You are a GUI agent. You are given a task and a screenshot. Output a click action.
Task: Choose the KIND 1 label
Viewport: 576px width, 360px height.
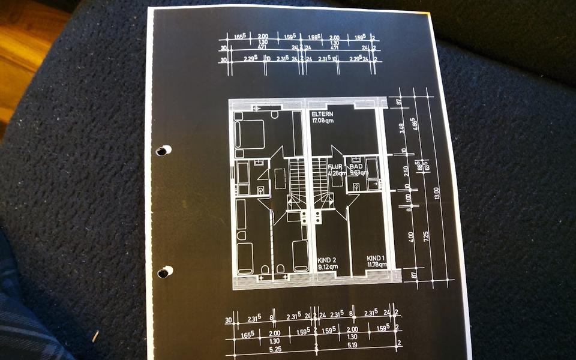coord(376,258)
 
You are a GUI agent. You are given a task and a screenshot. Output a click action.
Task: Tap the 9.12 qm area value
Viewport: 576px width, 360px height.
coord(328,266)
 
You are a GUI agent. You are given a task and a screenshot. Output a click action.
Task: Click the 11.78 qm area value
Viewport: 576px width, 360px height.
coord(376,265)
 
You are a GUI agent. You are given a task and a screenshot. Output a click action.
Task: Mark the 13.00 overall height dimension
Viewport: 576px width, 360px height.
coord(437,193)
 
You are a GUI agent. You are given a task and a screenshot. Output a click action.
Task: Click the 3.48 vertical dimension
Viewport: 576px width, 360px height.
coord(402,128)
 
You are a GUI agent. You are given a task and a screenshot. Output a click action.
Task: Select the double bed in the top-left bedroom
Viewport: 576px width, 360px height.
coord(250,134)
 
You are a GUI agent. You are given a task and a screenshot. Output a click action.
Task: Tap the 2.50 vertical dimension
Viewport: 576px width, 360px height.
coord(406,171)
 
